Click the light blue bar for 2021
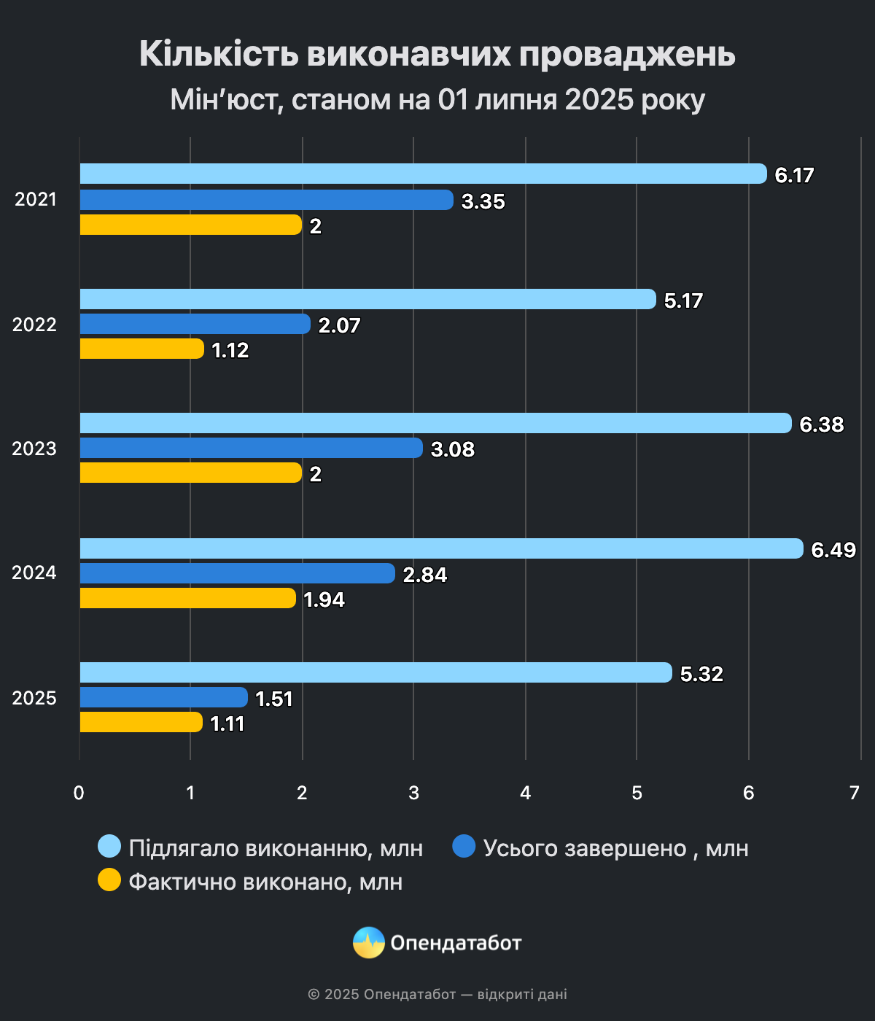click(x=423, y=174)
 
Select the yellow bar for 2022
click(x=141, y=349)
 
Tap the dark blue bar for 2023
click(x=251, y=448)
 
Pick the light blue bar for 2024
click(x=441, y=548)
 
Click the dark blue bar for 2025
click(x=163, y=697)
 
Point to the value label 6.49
click(x=833, y=550)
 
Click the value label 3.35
click(x=483, y=201)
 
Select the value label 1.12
click(x=230, y=351)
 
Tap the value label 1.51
click(x=273, y=699)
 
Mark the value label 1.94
click(x=324, y=599)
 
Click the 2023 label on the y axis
click(x=34, y=449)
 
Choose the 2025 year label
click(x=34, y=698)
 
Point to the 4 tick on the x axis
click(x=525, y=793)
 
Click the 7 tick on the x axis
click(x=855, y=793)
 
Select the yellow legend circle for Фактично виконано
click(x=109, y=880)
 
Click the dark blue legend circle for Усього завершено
click(x=464, y=847)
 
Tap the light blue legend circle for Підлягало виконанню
click(x=109, y=847)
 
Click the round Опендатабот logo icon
click(x=368, y=943)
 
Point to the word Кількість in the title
click(x=219, y=54)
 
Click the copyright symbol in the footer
click(x=314, y=995)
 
